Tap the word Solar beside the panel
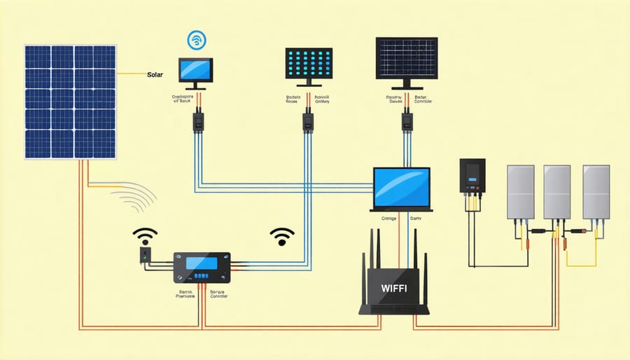pos(155,74)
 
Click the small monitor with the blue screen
pos(195,70)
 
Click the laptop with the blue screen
pos(401,187)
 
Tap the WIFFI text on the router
pos(393,287)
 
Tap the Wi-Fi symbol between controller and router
pos(282,235)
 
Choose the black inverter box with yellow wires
pos(472,176)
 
